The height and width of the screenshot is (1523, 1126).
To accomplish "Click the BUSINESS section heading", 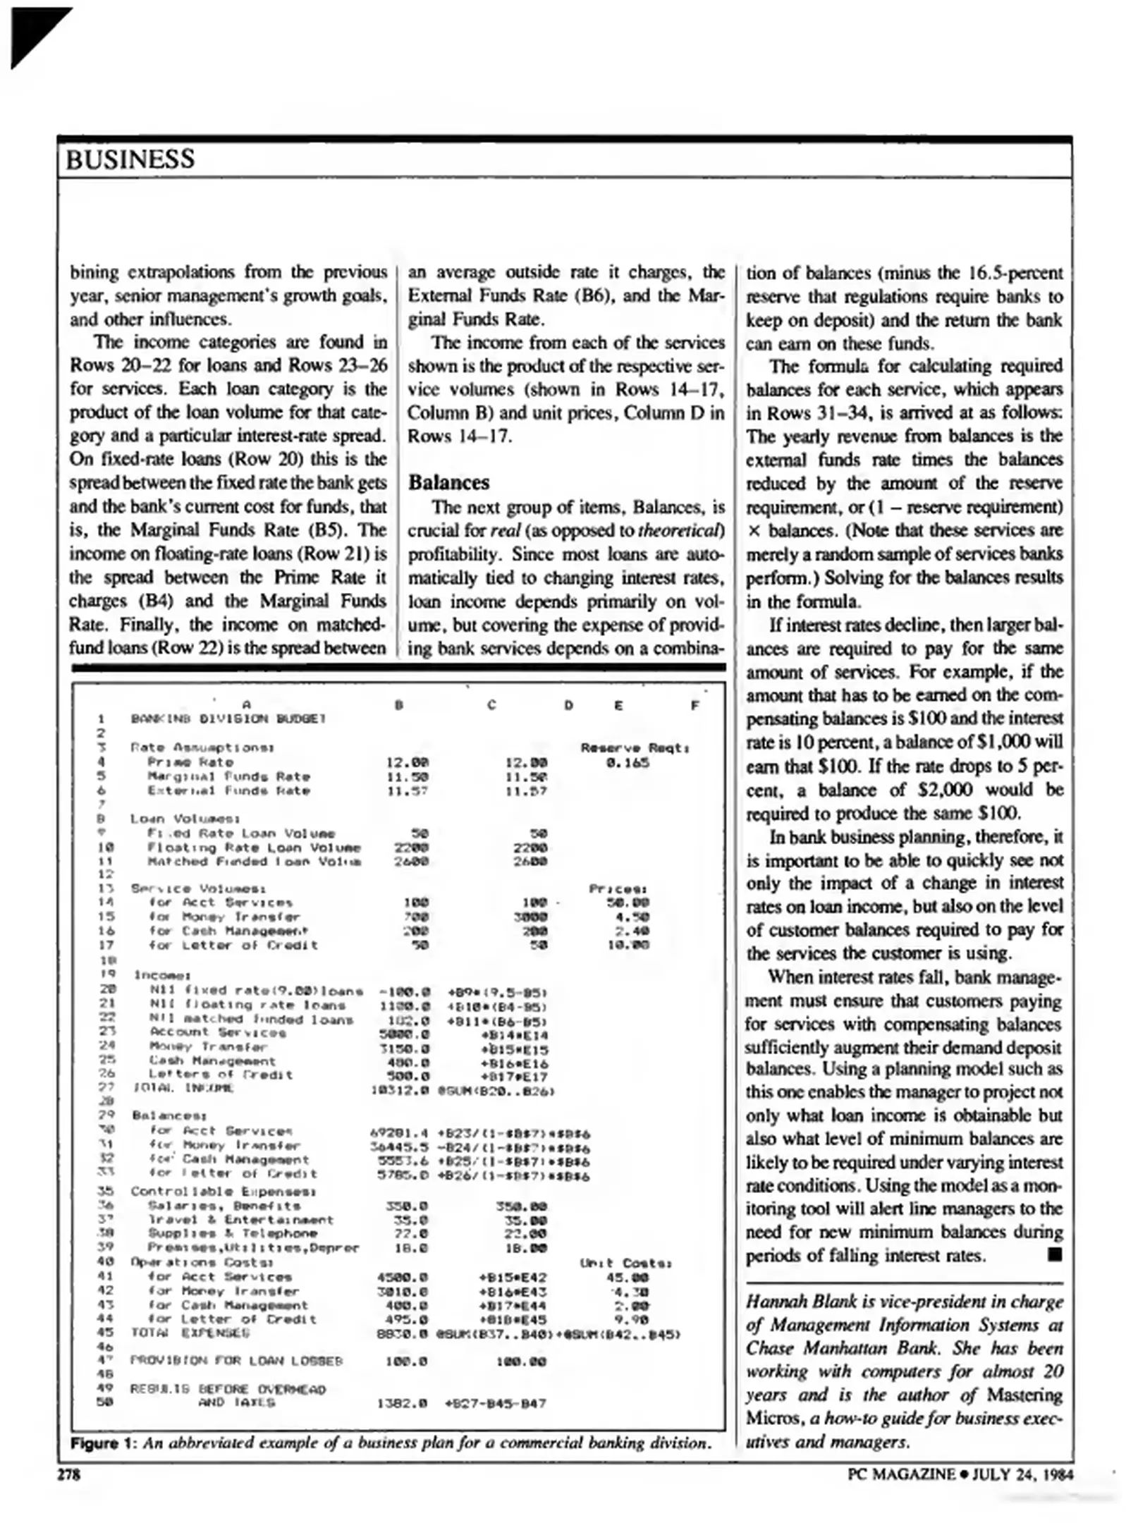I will pos(130,159).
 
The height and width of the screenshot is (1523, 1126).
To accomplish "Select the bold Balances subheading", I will pos(448,483).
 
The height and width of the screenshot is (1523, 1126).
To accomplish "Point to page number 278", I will pos(68,1474).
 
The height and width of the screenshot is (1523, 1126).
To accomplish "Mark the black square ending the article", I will pos(1054,1254).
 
